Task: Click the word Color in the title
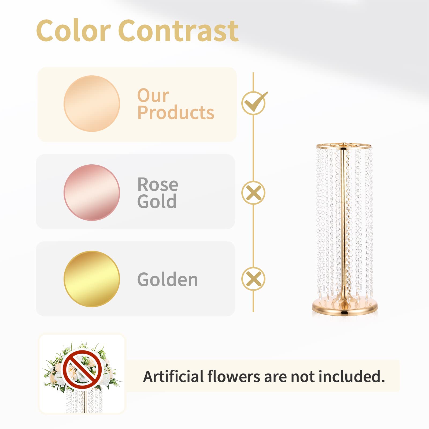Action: click(73, 31)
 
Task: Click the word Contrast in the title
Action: click(178, 31)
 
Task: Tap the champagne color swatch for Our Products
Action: click(92, 103)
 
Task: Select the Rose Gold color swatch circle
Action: click(92, 193)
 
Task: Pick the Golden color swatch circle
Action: click(92, 279)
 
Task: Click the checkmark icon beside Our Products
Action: click(254, 103)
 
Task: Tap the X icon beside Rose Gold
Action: click(253, 193)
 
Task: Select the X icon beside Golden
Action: click(253, 279)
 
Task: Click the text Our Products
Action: click(176, 104)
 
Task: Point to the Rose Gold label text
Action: click(158, 193)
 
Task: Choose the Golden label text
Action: click(168, 279)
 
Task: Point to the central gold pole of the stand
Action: click(343, 223)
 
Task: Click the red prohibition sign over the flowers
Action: click(82, 369)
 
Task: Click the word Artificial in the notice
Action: click(174, 376)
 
